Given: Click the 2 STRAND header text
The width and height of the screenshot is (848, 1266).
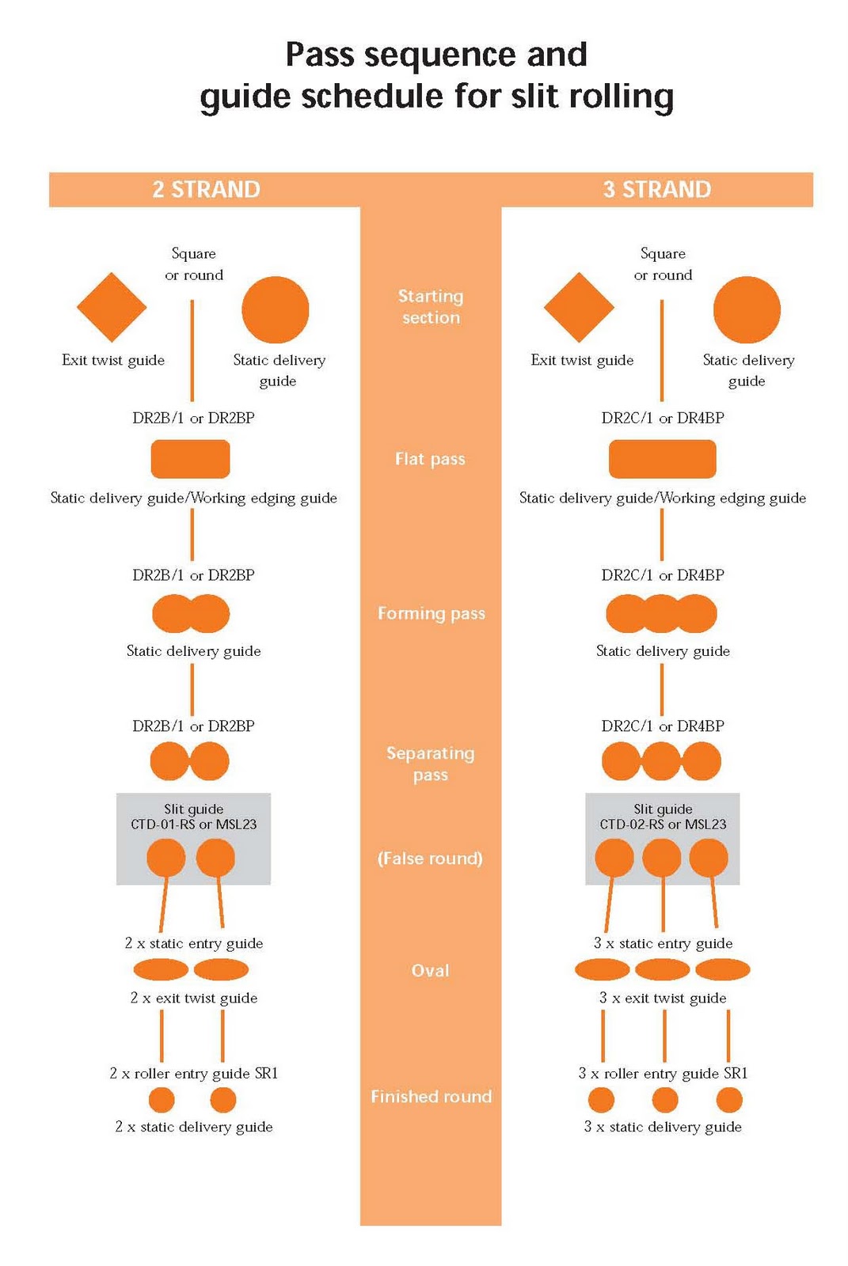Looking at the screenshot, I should coord(206,190).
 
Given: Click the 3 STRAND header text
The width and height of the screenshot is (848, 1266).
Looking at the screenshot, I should coord(656,190).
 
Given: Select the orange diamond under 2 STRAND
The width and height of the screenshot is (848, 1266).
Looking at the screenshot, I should coord(112,307).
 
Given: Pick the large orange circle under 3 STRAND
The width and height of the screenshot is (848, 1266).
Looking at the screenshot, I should coord(746,309).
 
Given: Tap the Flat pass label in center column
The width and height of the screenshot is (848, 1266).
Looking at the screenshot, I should coord(430,459).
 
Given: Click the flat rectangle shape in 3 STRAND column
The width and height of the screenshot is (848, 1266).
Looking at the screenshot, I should coord(662,459).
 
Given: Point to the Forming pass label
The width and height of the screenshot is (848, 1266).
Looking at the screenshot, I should coord(431,613).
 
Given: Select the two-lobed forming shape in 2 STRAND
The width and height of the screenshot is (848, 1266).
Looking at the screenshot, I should coord(191,613).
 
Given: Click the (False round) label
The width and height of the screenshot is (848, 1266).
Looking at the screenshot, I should coord(430,859).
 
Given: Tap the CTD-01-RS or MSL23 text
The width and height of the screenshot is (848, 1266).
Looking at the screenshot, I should coord(194,824).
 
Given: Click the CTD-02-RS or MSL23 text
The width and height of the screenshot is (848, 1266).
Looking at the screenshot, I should coord(663,824).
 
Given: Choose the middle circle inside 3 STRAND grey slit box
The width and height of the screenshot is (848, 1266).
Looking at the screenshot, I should coord(662,858).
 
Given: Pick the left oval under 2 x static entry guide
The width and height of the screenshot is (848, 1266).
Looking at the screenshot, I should coord(161,969).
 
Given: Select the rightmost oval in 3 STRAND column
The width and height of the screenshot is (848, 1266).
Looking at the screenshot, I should coord(722,969).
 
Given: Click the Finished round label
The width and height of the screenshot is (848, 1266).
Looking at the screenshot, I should coord(431,1097).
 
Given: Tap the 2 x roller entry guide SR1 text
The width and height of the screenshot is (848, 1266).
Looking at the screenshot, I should coord(194,1074).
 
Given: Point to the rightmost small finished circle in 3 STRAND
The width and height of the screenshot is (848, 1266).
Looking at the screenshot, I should coord(728,1100).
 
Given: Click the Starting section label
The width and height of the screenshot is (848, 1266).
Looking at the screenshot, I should coord(430,307).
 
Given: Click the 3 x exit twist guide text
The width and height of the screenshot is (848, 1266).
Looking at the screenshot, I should coord(663,998).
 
